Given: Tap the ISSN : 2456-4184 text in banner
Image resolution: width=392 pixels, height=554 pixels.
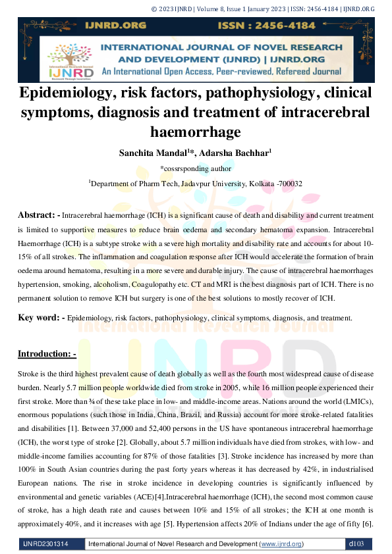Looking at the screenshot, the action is coord(299,26).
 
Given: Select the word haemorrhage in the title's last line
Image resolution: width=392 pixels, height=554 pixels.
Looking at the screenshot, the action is coord(196,132).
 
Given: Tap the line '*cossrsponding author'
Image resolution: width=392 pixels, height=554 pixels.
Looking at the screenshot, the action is coord(196,168).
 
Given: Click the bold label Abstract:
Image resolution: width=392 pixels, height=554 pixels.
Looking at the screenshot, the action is coord(38,215).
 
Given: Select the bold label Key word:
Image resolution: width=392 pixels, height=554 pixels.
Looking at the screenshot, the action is coord(40,318).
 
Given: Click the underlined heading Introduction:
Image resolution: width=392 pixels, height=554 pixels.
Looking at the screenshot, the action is coord(47,354).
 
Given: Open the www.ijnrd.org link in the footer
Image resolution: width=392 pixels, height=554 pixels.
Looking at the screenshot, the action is coord(282,544).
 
